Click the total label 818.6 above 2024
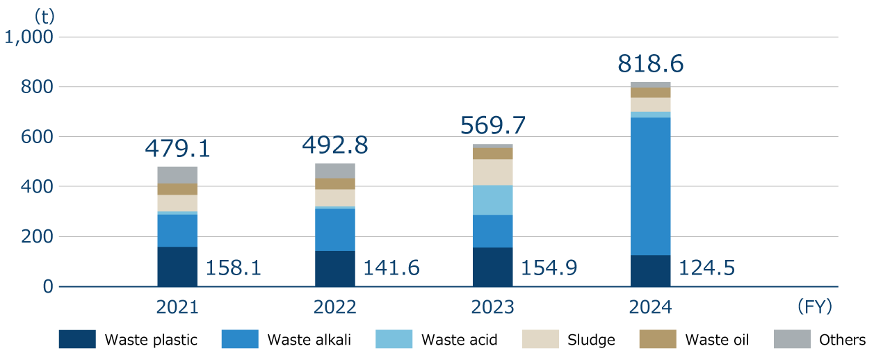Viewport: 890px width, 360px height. [x=650, y=65]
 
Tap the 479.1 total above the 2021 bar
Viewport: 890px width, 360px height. [x=177, y=148]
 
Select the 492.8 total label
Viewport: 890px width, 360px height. [x=335, y=145]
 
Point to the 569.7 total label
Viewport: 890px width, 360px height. [x=493, y=126]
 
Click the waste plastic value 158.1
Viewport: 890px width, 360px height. [x=234, y=268]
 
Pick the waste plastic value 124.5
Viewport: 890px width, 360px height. [x=707, y=268]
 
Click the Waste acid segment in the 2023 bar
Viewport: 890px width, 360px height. [x=492, y=200]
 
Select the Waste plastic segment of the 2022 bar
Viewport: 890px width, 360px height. [x=335, y=268]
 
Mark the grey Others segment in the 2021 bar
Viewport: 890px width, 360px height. [x=177, y=174]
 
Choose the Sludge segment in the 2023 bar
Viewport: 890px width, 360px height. [x=492, y=172]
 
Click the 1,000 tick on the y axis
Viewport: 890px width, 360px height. [x=29, y=37]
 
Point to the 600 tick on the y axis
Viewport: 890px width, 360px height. [x=38, y=137]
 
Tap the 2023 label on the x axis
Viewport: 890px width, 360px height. [x=493, y=306]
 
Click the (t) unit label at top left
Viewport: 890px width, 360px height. [x=44, y=15]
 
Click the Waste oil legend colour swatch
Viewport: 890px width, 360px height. [x=657, y=339]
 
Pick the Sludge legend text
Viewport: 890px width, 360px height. [x=591, y=340]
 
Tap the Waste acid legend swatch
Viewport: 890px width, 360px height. [x=394, y=339]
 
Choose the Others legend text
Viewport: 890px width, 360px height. [x=842, y=340]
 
